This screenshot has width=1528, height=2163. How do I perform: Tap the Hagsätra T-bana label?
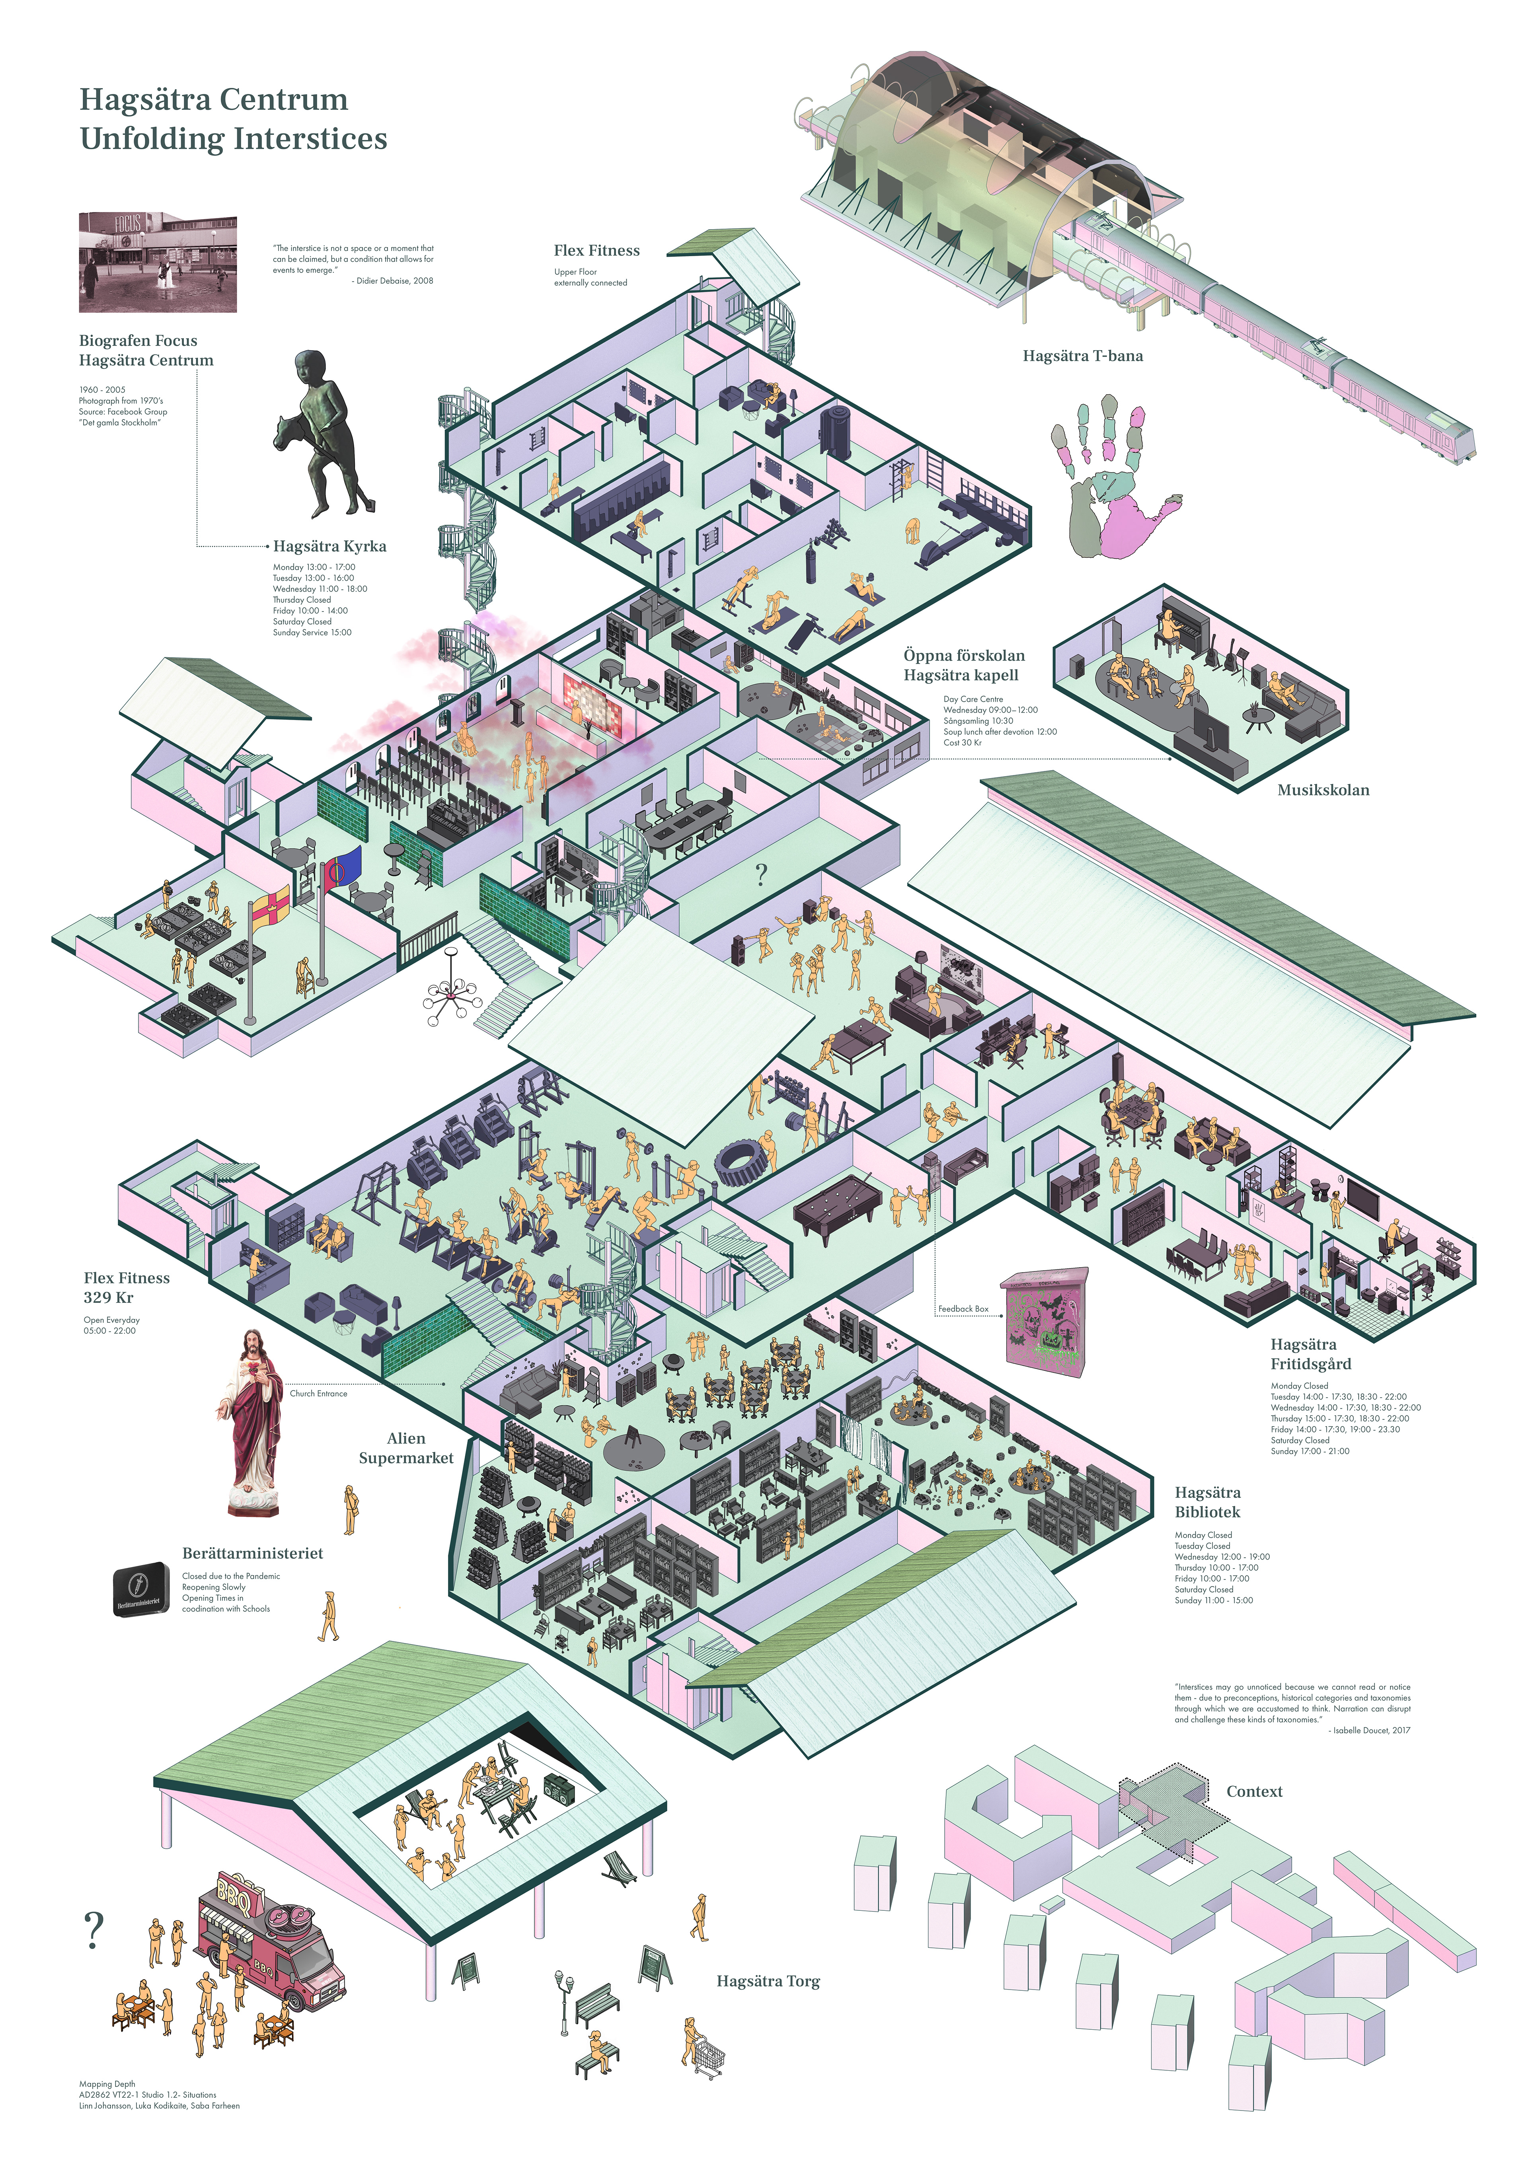[x=1082, y=356]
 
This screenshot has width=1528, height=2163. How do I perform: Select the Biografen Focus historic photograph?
[x=157, y=262]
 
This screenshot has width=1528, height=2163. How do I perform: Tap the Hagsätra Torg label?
[x=768, y=1981]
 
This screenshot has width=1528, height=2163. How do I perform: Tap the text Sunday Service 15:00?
[x=312, y=632]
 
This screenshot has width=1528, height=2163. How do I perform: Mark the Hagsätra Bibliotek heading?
[x=1208, y=1502]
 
